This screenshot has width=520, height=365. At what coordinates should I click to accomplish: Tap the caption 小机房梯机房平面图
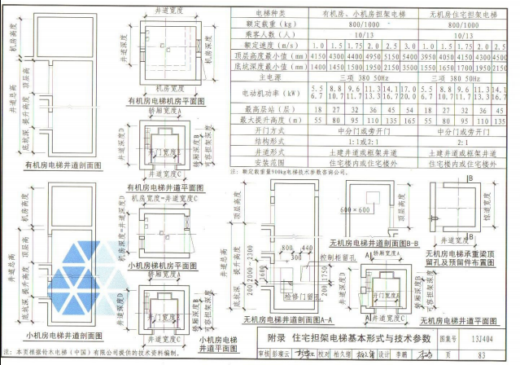(163, 266)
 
